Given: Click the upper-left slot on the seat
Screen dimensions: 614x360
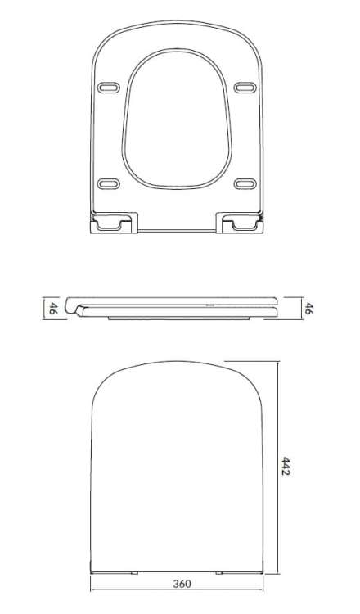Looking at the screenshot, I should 107,87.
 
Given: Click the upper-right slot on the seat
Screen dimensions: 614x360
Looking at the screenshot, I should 243,87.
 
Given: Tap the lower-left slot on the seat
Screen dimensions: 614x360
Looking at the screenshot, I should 107,183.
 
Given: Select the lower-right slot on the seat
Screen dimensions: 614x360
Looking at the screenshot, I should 243,183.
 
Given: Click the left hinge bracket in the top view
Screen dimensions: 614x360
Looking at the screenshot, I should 112,223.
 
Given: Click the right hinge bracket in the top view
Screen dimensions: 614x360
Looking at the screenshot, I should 238,223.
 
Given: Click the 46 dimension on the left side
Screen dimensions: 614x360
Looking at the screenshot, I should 52,308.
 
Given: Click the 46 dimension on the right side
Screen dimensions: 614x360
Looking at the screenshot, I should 310,308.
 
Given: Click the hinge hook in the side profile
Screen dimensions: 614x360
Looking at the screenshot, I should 79,309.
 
